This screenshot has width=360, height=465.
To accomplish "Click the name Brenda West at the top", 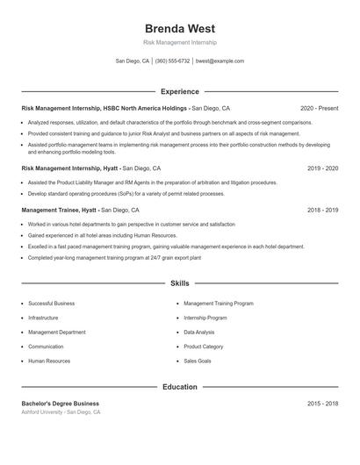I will (x=179, y=28).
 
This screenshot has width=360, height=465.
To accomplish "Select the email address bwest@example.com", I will (x=220, y=61).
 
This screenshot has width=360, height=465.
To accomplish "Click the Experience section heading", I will (x=179, y=91).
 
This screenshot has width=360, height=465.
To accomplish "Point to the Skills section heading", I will (x=179, y=283).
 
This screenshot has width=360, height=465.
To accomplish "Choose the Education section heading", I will (x=179, y=386).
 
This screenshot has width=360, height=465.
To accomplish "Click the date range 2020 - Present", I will (x=319, y=108).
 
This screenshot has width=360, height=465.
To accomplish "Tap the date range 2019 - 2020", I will (x=322, y=168).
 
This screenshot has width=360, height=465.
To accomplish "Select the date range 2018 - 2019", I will (x=322, y=211).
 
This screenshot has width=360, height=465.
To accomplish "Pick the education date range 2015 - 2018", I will (x=322, y=403).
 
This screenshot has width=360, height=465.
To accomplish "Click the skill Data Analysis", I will (x=198, y=333).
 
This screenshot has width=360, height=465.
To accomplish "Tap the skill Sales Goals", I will (x=197, y=361).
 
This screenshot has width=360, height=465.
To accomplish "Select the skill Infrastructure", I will (x=43, y=318).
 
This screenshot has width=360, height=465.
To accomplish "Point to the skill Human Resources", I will (x=49, y=361).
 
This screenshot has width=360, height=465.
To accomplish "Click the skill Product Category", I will (x=203, y=347).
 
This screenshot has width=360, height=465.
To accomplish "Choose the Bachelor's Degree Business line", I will (x=61, y=403).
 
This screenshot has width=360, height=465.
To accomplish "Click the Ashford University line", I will (x=61, y=411).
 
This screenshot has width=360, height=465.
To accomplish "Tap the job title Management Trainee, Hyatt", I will (x=59, y=211).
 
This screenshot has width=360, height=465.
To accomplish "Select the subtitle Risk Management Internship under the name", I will (x=179, y=42).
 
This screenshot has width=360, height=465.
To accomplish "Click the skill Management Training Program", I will (x=219, y=304).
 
